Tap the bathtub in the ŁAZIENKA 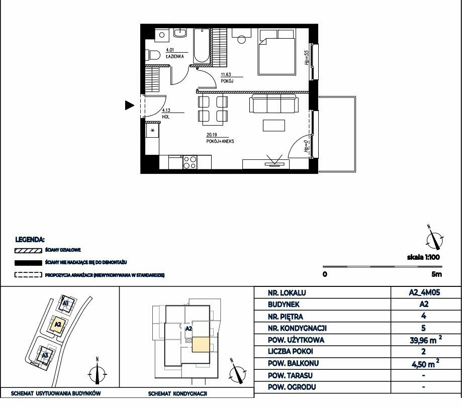[202, 46]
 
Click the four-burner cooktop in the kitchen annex [190, 162]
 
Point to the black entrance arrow [130, 105]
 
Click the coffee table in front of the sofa [273, 125]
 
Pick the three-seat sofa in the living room [273, 104]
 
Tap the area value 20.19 [212, 135]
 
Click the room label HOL [165, 117]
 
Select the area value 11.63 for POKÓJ [226, 74]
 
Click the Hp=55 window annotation [307, 58]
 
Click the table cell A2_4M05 [425, 292]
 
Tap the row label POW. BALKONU [293, 363]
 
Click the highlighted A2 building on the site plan [58, 325]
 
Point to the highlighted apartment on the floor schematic [201, 345]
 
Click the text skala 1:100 [423, 257]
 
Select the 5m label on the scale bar [437, 274]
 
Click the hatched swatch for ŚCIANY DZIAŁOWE [28, 251]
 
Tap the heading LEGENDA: [30, 240]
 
